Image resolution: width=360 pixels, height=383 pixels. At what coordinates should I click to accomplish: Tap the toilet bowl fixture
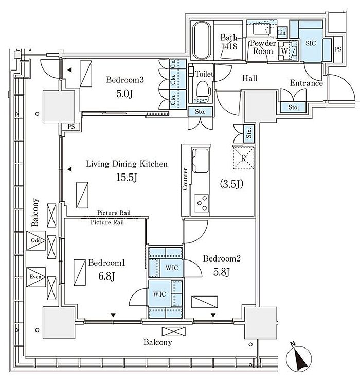pyautogui.click(x=203, y=90)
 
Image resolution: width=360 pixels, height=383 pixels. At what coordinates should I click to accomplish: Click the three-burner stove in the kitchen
pyautogui.click(x=202, y=203)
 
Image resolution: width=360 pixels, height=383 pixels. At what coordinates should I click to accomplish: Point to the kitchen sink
pyautogui.click(x=201, y=161)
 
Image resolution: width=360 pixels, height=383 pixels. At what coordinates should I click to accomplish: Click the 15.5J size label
pyautogui.click(x=127, y=178)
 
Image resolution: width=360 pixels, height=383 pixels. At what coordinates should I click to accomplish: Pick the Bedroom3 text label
pyautogui.click(x=125, y=80)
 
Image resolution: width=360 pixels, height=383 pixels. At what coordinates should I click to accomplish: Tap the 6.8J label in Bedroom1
pyautogui.click(x=106, y=277)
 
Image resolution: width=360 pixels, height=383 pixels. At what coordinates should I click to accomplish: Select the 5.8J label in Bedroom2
pyautogui.click(x=221, y=272)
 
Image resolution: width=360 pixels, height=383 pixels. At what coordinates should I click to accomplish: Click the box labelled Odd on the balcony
pyautogui.click(x=36, y=240)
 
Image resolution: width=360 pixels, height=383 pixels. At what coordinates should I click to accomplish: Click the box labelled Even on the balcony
pyautogui.click(x=36, y=277)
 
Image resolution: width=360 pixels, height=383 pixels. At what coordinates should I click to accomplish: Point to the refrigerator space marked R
pyautogui.click(x=243, y=158)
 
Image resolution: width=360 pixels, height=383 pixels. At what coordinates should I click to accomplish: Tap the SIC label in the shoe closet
pyautogui.click(x=311, y=43)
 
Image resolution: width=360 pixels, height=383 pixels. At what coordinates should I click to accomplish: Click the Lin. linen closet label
pyautogui.click(x=282, y=32)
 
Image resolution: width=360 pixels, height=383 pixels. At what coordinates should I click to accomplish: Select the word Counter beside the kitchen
pyautogui.click(x=185, y=179)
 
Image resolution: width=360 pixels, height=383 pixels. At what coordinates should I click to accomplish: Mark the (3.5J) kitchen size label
pyautogui.click(x=231, y=184)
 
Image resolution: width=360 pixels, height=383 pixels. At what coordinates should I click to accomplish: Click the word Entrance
pyautogui.click(x=307, y=83)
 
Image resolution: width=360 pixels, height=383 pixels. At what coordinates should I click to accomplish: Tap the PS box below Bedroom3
pyautogui.click(x=71, y=127)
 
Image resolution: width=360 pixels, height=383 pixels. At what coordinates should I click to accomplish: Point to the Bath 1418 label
pyautogui.click(x=229, y=42)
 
